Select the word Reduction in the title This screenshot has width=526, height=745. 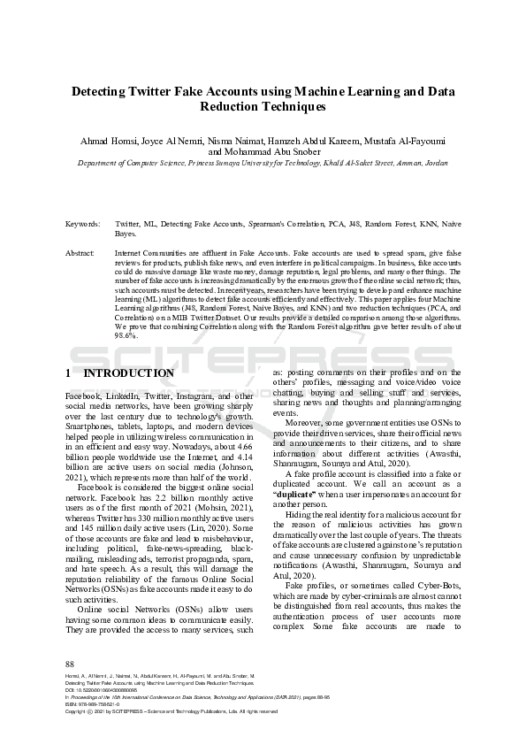pos(232,106)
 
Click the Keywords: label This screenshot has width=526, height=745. pos(84,225)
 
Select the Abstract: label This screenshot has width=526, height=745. pos(81,253)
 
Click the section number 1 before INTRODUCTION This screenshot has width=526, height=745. pos(70,373)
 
